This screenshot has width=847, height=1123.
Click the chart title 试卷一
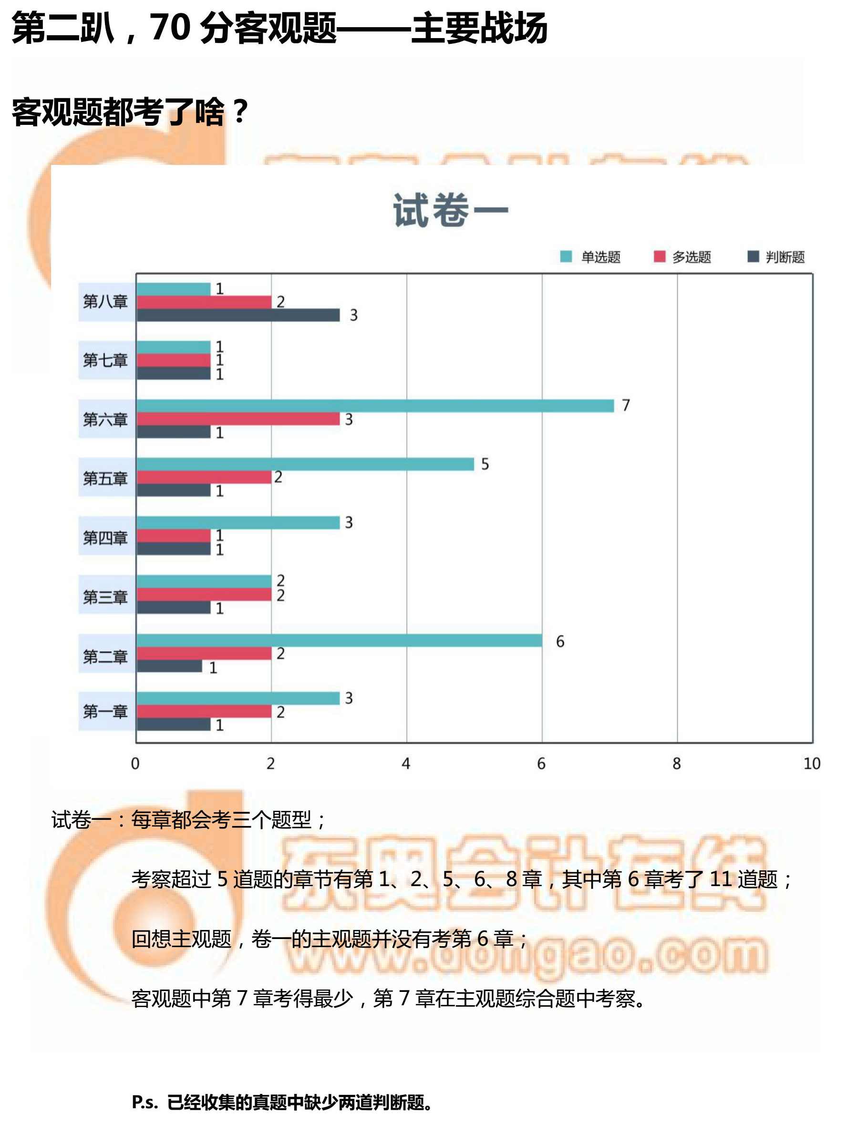450,210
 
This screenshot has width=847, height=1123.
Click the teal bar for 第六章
375,406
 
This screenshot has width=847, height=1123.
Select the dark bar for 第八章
238,315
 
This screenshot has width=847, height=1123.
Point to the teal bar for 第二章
339,641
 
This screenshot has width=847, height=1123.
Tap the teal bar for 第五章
305,464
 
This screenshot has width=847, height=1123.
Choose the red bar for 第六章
238,419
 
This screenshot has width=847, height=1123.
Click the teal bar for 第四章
238,522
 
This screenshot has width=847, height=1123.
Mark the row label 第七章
105,360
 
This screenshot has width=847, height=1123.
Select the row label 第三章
105,597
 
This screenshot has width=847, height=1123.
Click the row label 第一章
105,712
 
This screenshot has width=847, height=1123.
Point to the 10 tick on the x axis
811,764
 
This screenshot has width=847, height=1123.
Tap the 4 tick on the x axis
405,764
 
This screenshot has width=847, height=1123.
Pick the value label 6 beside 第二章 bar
560,641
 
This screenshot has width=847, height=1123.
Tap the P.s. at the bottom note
145,1102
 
